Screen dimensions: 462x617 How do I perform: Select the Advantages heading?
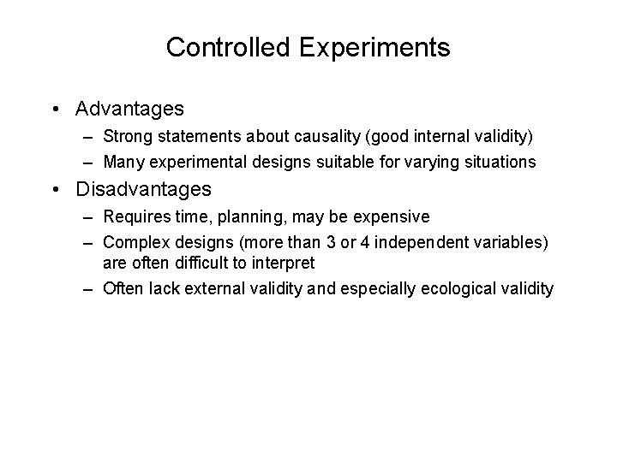point(129,110)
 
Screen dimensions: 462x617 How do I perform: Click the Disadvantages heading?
point(143,188)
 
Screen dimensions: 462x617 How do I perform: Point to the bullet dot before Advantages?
point(55,110)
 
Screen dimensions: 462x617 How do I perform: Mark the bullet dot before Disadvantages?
point(55,188)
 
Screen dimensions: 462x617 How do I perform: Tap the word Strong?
point(124,136)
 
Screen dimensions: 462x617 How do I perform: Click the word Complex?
point(129,242)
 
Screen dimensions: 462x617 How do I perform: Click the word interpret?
point(279,263)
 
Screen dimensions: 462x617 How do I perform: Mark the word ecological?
point(454,288)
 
